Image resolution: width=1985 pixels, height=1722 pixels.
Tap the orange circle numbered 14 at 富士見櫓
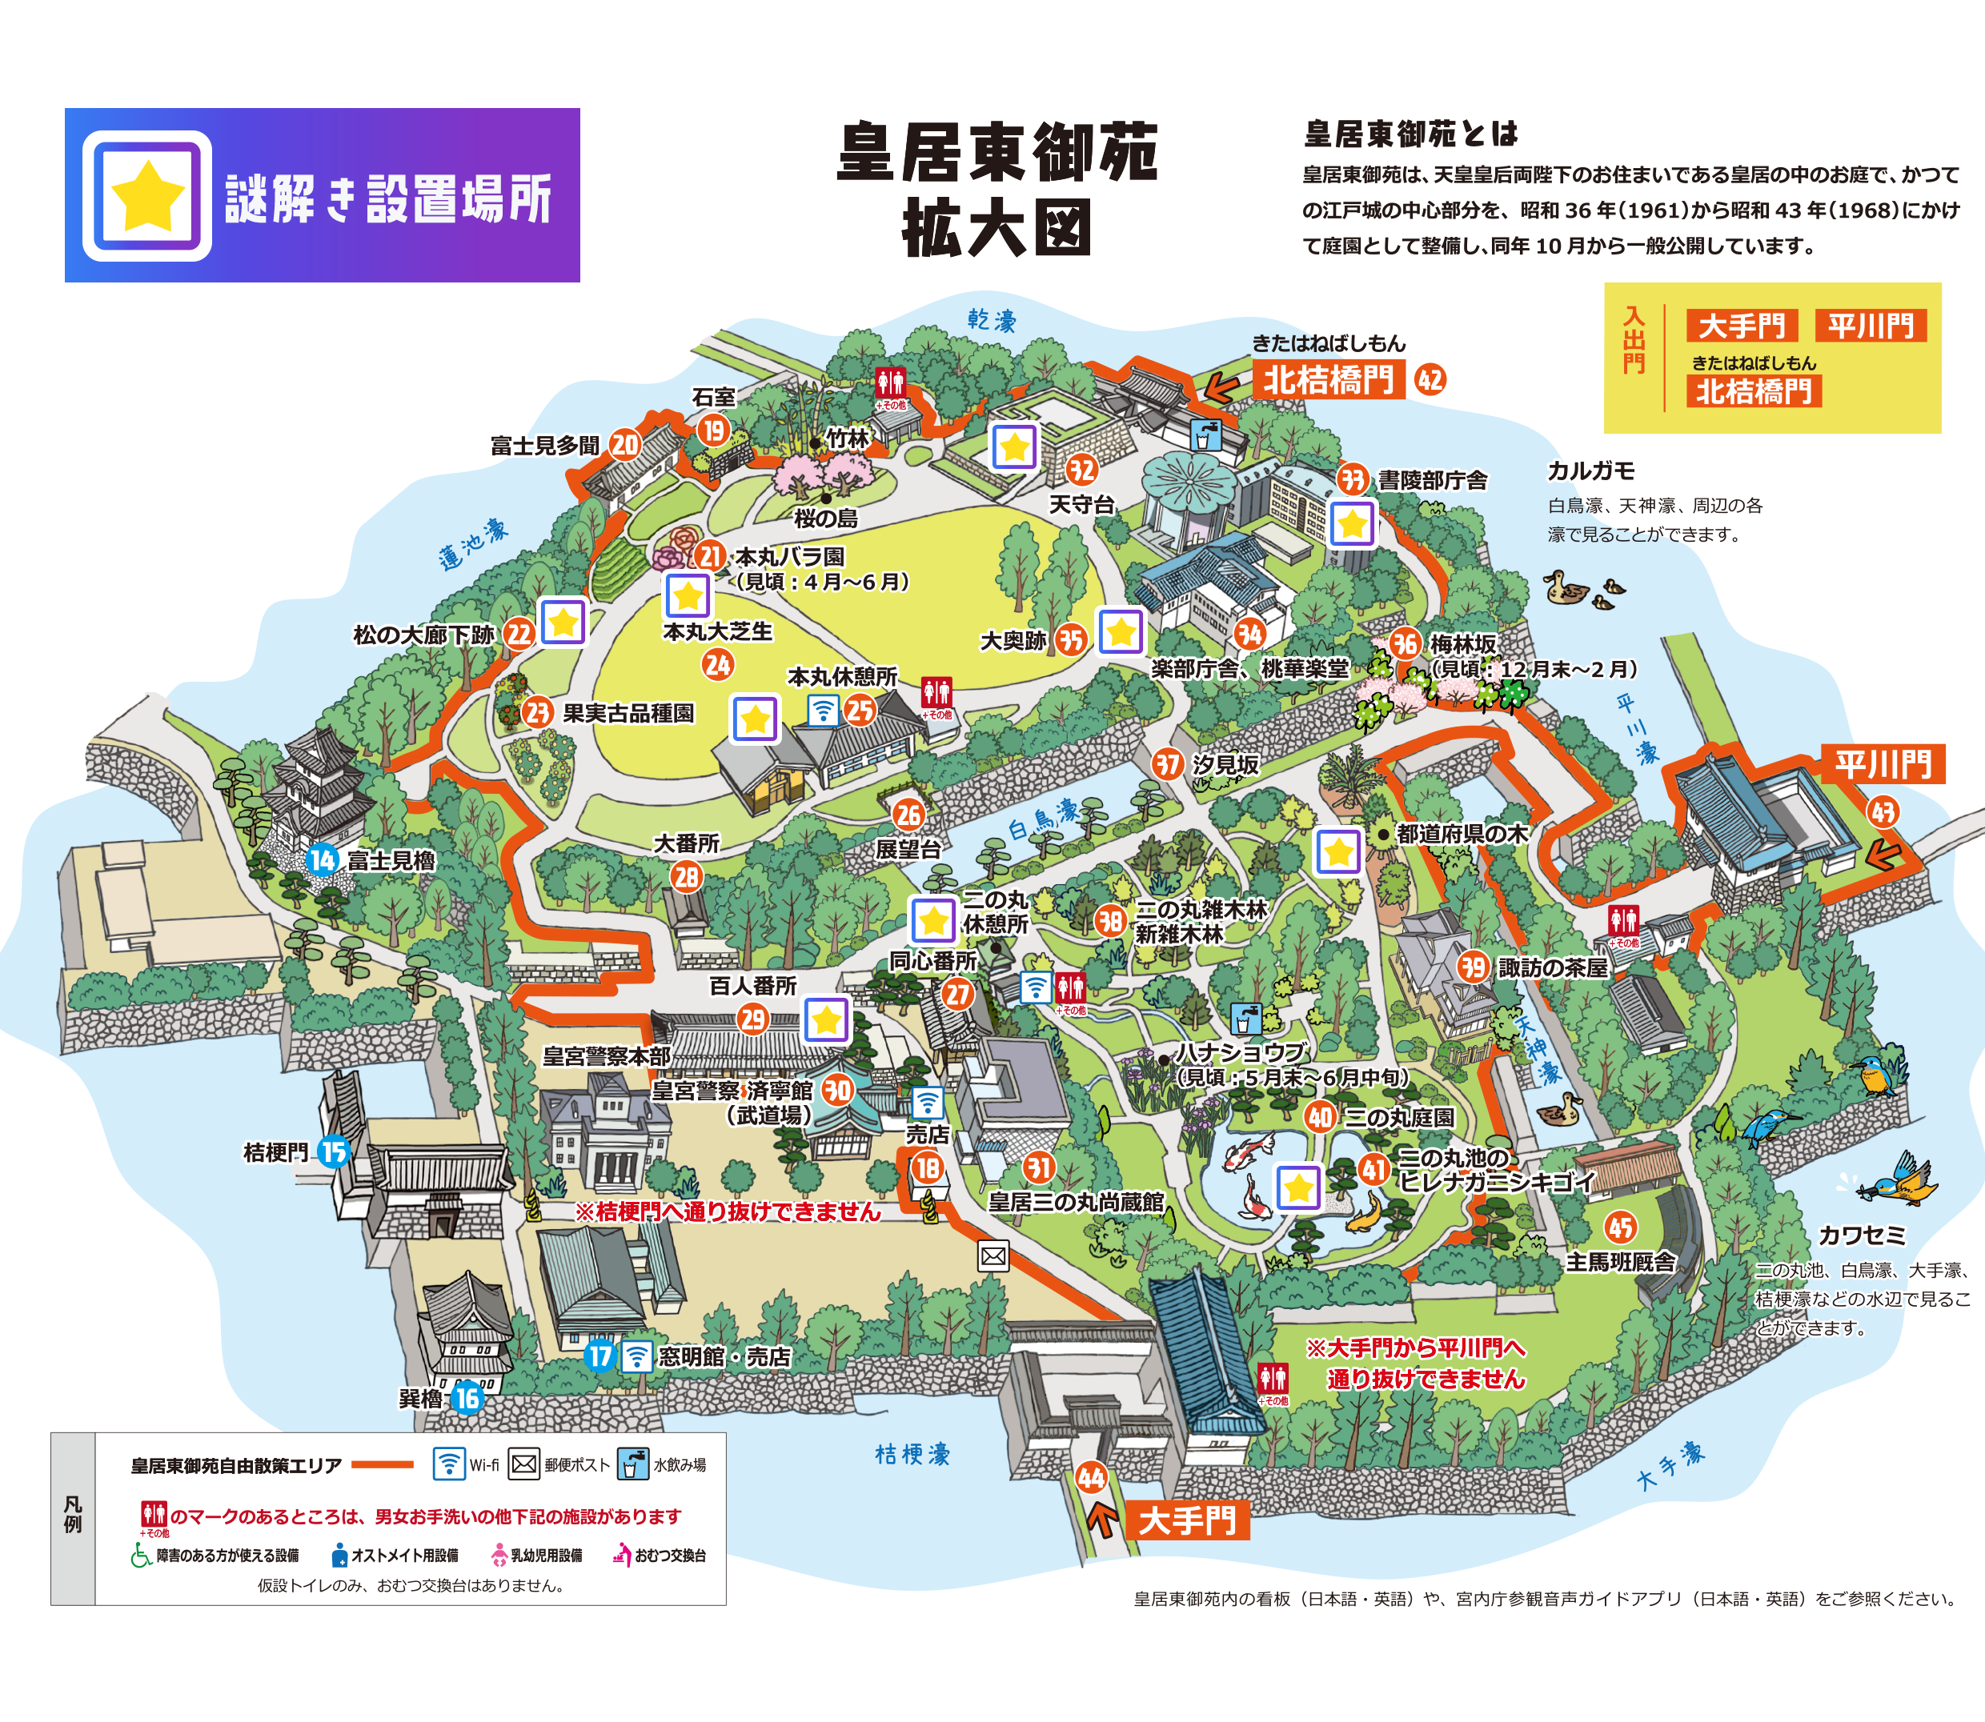(x=322, y=859)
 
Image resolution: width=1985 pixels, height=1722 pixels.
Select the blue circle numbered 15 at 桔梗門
(x=334, y=1151)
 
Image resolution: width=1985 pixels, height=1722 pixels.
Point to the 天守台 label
(x=1081, y=504)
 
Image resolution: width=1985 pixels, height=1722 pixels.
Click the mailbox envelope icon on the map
(x=993, y=1255)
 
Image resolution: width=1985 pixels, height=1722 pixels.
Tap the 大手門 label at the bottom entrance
(x=1187, y=1520)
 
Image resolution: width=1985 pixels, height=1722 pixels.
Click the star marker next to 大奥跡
(x=1121, y=632)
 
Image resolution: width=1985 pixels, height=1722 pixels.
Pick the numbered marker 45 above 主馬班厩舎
(x=1621, y=1227)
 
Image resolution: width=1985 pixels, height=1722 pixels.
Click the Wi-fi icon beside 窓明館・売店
(x=636, y=1356)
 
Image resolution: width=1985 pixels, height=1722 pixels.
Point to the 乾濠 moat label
(x=991, y=320)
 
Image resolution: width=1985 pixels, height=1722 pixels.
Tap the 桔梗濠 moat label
(x=912, y=1454)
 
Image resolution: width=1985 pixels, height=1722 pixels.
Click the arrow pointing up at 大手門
(x=1101, y=1520)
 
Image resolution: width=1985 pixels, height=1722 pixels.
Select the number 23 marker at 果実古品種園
(x=537, y=712)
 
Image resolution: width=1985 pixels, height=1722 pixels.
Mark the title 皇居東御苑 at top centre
(x=998, y=152)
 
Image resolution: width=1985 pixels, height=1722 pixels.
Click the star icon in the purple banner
(x=147, y=196)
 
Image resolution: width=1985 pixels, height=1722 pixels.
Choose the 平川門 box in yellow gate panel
(x=1871, y=326)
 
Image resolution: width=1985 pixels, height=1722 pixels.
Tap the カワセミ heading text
(x=1861, y=1235)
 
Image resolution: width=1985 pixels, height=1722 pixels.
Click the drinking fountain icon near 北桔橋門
(x=1205, y=435)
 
